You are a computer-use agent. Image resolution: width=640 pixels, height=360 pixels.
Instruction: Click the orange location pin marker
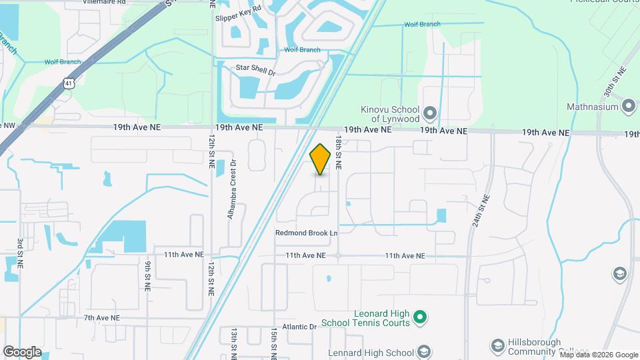coord(321,159)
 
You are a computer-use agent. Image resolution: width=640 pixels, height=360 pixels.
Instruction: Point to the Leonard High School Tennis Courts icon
coord(420,317)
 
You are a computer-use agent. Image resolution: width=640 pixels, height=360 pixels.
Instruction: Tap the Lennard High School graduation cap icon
coord(423,352)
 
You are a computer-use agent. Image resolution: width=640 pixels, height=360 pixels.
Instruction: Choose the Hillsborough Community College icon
coord(497,345)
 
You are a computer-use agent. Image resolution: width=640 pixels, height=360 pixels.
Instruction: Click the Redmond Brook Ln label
coord(307,233)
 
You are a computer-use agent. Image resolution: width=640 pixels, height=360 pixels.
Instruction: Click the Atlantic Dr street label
coord(299,327)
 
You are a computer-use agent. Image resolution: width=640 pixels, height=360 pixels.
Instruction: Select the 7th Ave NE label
coord(101,319)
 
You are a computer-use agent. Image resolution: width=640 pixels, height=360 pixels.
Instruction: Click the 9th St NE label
coord(147,275)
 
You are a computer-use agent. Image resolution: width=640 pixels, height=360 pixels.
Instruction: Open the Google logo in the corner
coord(22,352)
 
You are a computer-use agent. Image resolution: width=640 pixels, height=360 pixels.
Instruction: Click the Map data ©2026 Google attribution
coord(598,355)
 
